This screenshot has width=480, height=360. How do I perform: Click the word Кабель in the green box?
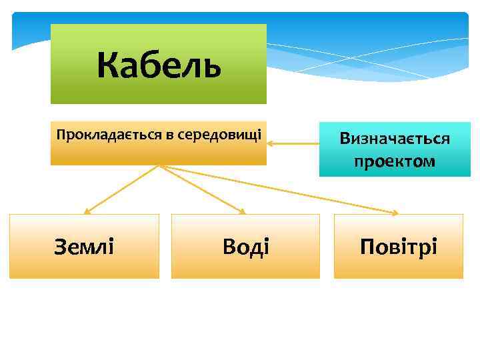(158, 65)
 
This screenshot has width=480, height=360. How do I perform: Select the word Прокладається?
(109, 135)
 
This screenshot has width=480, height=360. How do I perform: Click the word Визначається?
(395, 139)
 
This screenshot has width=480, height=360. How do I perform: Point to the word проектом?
(395, 161)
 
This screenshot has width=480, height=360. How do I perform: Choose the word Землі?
(84, 247)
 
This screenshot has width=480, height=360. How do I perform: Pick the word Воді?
(245, 247)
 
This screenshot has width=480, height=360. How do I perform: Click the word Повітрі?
(398, 247)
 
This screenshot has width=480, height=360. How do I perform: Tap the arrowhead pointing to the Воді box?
(243, 211)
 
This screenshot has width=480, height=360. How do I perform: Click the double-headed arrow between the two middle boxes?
(293, 143)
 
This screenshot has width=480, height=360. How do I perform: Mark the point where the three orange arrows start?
(159, 165)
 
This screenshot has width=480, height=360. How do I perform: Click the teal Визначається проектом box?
(395, 149)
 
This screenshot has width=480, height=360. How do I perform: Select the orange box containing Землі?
(84, 246)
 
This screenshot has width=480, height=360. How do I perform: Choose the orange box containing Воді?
(245, 246)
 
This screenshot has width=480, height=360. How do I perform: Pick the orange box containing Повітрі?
(398, 246)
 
